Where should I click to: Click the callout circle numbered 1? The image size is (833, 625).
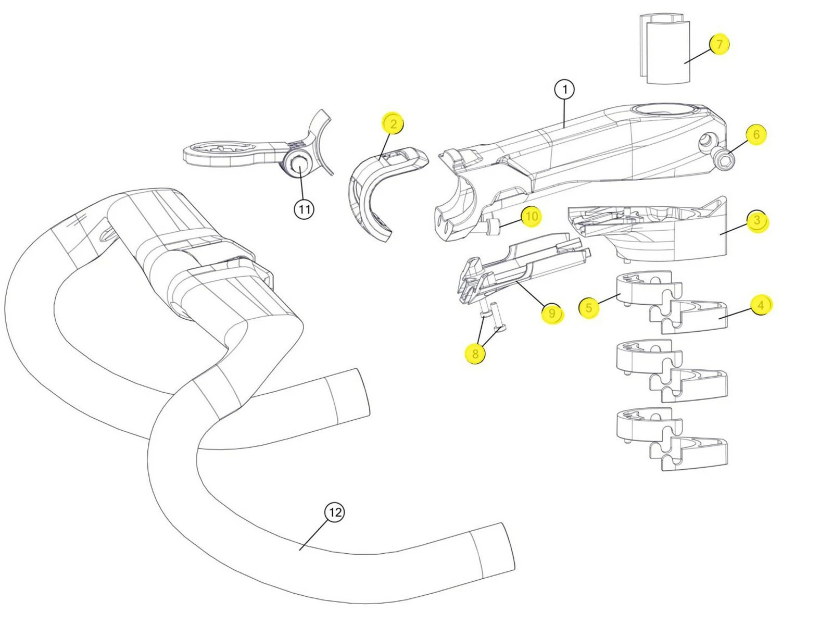(x=564, y=90)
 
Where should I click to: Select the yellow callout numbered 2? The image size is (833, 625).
(x=393, y=123)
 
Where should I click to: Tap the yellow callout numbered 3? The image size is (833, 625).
(x=757, y=221)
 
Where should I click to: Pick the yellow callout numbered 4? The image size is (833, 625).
(x=761, y=305)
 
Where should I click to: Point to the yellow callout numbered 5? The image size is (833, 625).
(x=589, y=307)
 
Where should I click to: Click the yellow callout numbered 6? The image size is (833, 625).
(x=756, y=135)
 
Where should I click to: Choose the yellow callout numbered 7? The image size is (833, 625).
(x=719, y=44)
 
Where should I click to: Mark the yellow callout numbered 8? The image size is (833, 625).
(x=475, y=354)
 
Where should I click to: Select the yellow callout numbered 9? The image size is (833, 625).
(x=552, y=313)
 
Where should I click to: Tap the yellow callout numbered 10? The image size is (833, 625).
(x=531, y=216)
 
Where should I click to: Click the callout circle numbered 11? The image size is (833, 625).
(x=304, y=209)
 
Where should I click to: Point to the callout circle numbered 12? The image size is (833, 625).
(x=334, y=512)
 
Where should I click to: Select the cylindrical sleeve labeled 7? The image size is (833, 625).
(x=665, y=49)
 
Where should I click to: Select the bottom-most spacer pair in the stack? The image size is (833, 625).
(x=672, y=440)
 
